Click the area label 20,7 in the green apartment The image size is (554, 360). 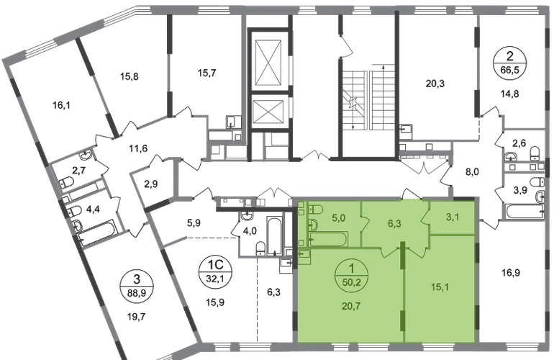pyautogui.click(x=351, y=305)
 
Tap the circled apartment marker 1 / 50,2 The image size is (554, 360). pyautogui.click(x=352, y=274)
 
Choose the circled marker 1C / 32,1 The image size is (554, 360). pyautogui.click(x=215, y=271)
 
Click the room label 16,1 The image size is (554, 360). pyautogui.click(x=61, y=105)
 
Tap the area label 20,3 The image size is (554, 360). pyautogui.click(x=435, y=84)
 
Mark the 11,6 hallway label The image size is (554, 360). pyautogui.click(x=138, y=148)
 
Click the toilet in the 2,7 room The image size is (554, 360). pyautogui.click(x=66, y=181)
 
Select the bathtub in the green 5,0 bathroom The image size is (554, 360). pyautogui.click(x=328, y=240)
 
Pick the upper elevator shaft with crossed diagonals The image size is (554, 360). pyautogui.click(x=269, y=63)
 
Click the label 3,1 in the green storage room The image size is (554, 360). pyautogui.click(x=453, y=217)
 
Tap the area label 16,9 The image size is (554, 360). pyautogui.click(x=511, y=273)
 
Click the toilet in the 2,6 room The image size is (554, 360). pyautogui.click(x=535, y=153)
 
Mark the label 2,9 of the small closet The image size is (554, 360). pyautogui.click(x=151, y=184)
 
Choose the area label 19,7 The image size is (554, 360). pyautogui.click(x=136, y=316)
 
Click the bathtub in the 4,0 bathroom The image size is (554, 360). pyautogui.click(x=274, y=236)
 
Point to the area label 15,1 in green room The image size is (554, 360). pyautogui.click(x=440, y=287)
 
